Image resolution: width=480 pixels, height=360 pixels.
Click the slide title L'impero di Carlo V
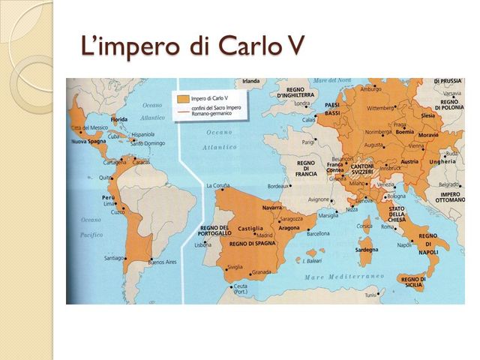click(193, 46)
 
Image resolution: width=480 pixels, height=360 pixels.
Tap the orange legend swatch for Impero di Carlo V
click(180, 97)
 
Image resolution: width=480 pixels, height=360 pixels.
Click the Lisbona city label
click(203, 245)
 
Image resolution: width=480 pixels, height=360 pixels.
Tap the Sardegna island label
click(366, 249)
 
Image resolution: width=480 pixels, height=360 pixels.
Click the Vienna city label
click(394, 147)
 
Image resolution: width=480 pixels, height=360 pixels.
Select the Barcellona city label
click(318, 232)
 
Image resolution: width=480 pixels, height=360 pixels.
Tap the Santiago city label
click(114, 258)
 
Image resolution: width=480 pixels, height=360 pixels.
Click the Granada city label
click(261, 271)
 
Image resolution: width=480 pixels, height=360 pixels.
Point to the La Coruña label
click(217, 184)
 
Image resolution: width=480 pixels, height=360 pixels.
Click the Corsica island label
click(364, 225)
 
